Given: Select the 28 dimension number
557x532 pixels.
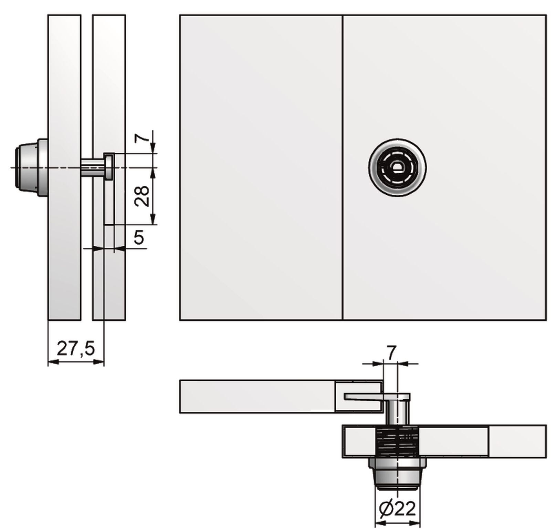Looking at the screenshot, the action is click(142, 196).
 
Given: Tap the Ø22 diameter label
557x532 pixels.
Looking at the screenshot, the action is click(397, 509).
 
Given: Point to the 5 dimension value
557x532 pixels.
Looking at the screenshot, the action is click(139, 237).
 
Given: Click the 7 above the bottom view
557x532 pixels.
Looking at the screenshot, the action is click(392, 353).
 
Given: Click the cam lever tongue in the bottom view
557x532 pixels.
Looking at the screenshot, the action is click(377, 397).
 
